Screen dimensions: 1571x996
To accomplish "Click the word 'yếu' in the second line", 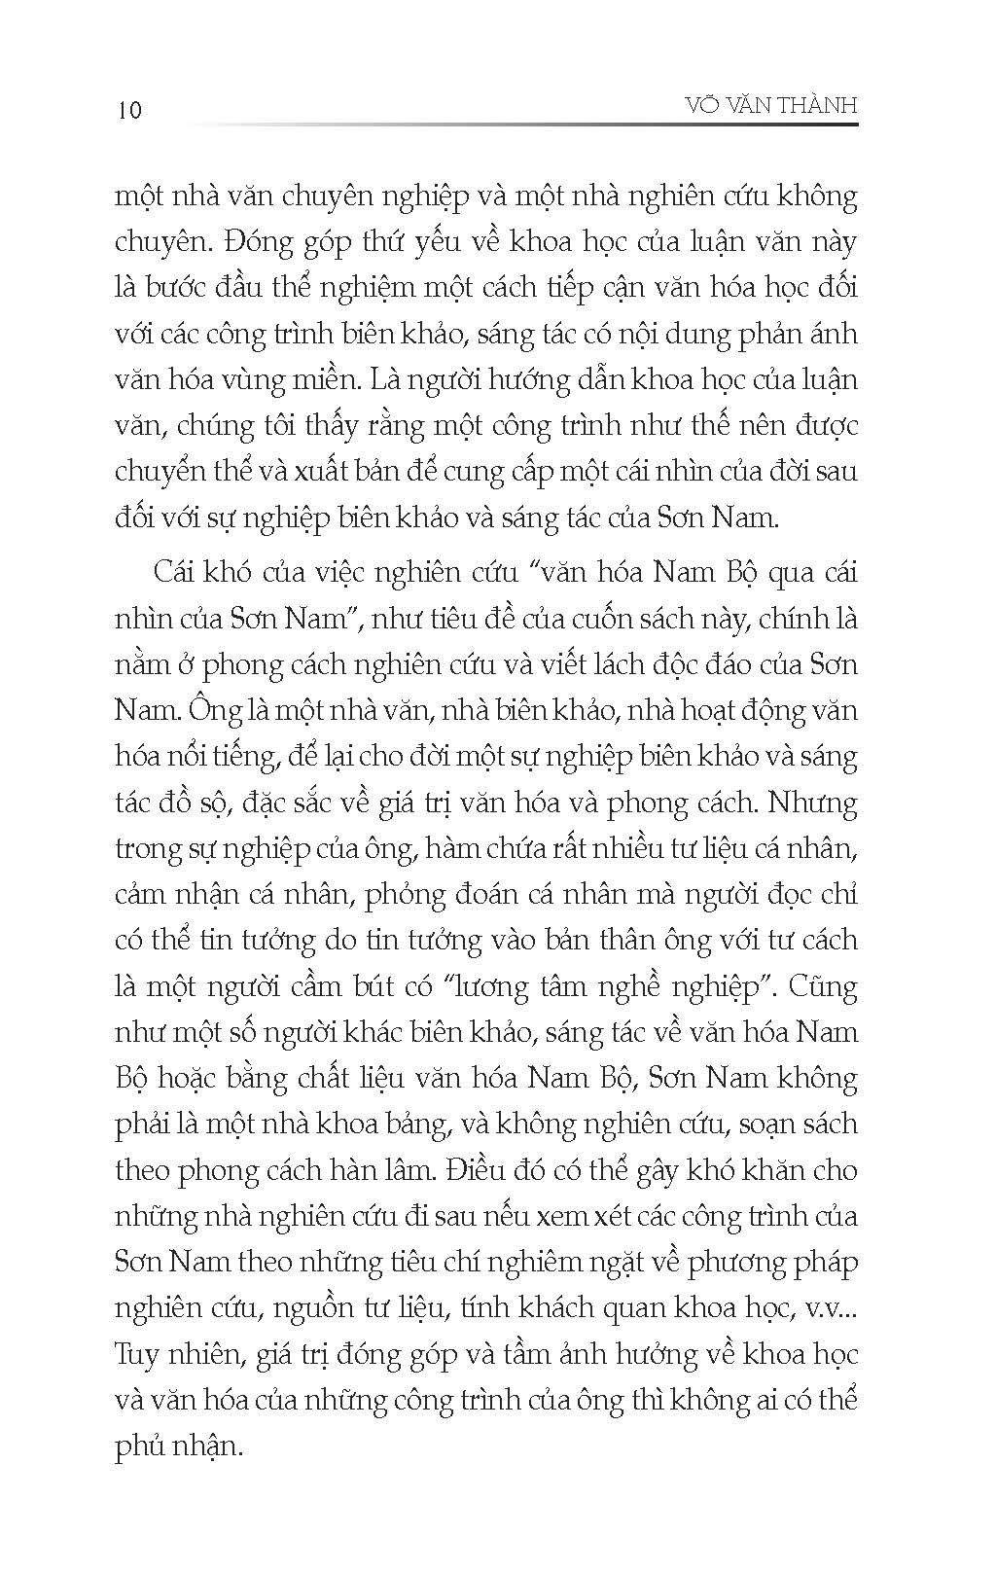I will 385,242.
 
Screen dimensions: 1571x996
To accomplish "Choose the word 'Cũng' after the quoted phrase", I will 823,987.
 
